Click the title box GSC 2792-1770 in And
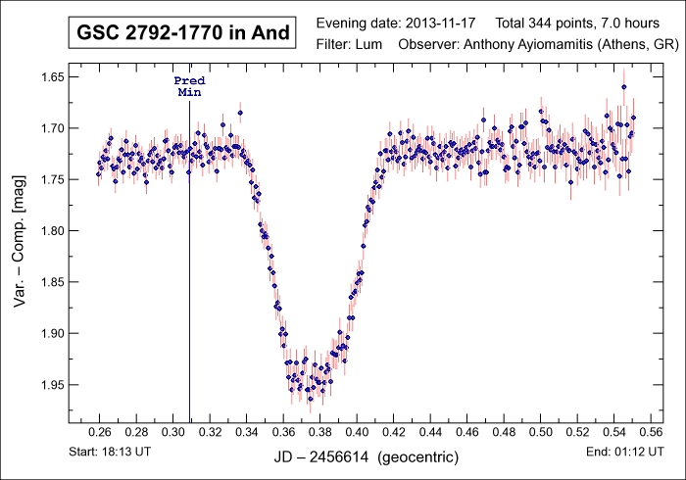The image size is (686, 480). [x=183, y=33]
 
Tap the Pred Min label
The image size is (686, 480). [x=189, y=85]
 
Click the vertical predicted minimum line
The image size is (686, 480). [x=189, y=294]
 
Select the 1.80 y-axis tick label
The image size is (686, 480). [x=48, y=230]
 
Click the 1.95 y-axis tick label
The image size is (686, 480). [x=48, y=384]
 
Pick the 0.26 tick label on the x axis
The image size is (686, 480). [x=100, y=431]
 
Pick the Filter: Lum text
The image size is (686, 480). [x=353, y=46]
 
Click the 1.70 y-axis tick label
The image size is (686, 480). [x=48, y=127]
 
